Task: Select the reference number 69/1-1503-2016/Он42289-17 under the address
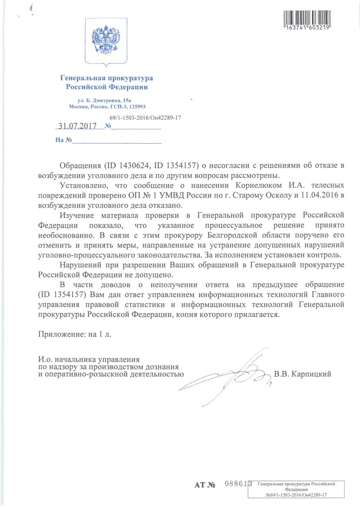145,118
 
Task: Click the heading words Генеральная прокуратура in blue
106,78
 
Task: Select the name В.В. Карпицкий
303,374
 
